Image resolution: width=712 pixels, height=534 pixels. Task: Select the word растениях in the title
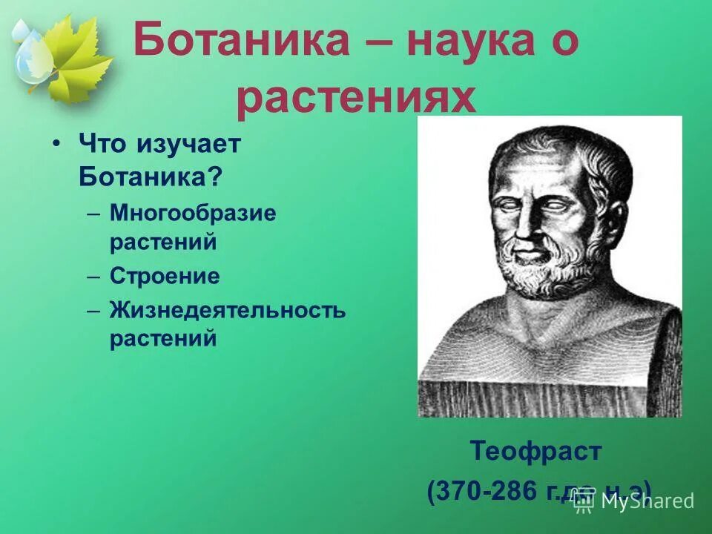pos(355,98)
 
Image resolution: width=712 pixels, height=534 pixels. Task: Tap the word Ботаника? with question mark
pos(151,176)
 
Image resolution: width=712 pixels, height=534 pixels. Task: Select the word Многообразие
pos(193,214)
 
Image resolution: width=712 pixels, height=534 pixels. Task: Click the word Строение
pos(165,277)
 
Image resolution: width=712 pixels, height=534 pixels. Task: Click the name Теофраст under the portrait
pos(535,450)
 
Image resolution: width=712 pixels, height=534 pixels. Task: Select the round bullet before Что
pos(56,145)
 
